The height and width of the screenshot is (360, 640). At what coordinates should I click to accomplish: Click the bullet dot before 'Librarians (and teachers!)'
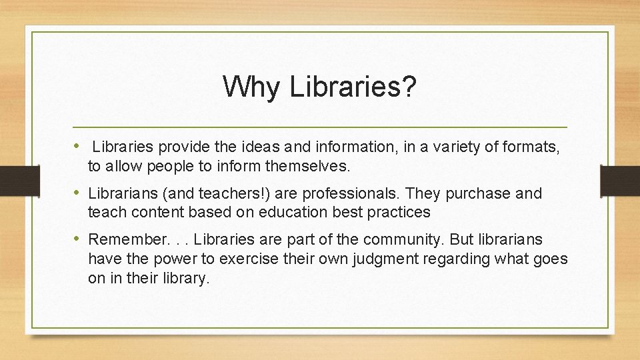click(x=77, y=193)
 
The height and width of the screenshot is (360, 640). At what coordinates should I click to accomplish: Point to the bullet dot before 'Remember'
click(x=77, y=239)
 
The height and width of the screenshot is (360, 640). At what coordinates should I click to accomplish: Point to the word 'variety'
click(x=418, y=147)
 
